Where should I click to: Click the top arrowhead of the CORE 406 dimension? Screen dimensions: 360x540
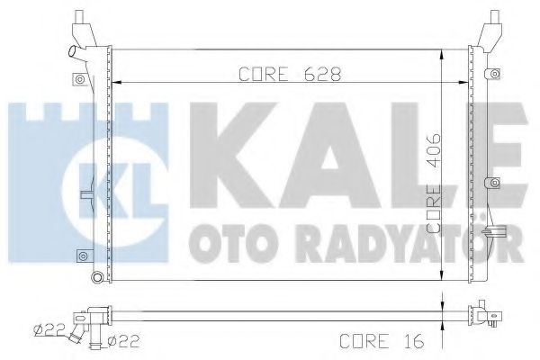click(441, 52)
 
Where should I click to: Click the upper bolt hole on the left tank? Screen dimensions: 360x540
click(82, 79)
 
